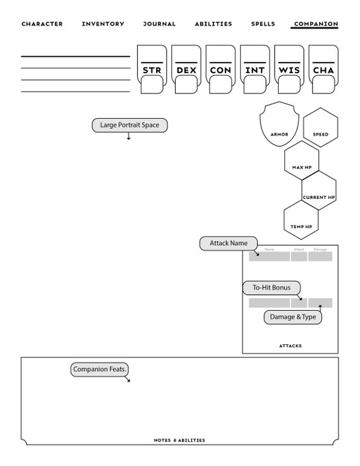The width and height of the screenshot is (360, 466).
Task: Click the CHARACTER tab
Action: coord(42,24)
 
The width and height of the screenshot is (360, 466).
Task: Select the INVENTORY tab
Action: coord(103,24)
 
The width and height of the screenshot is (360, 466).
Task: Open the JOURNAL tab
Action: coord(159,24)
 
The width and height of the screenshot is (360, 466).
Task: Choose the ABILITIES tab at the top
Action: coord(213,24)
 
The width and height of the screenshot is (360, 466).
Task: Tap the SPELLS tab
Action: coord(263,24)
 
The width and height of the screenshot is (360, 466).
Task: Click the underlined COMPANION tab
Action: coord(315,24)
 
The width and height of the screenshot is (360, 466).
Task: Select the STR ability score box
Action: coord(152,69)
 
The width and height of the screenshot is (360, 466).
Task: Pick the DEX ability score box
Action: coord(186,69)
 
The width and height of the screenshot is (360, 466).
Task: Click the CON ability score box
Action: coord(220,69)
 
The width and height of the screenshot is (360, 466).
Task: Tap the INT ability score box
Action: coord(255,69)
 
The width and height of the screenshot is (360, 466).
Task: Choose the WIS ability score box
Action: coord(289,69)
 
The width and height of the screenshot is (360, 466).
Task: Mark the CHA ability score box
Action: coord(323,69)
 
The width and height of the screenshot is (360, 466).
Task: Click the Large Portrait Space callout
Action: coord(129,125)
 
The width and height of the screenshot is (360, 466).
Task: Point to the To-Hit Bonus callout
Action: coord(272,288)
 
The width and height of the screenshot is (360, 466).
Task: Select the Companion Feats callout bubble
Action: coord(100,369)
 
